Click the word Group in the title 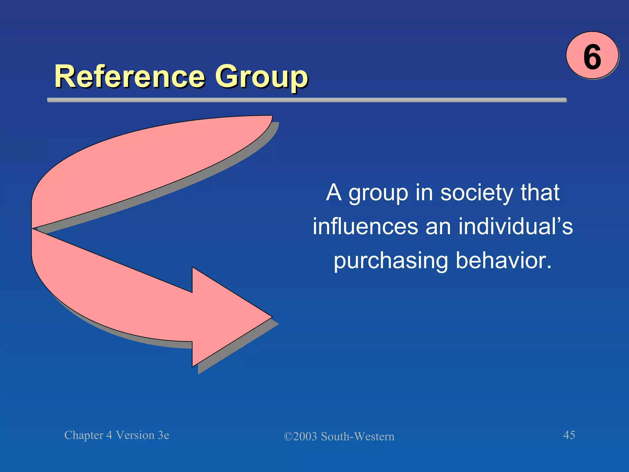(x=261, y=77)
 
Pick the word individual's (x=515, y=226)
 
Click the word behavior (x=504, y=261)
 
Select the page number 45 (x=569, y=435)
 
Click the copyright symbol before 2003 (x=288, y=437)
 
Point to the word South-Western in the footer (x=357, y=437)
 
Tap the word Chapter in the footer (x=84, y=435)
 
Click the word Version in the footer (x=135, y=435)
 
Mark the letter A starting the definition (x=334, y=193)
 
